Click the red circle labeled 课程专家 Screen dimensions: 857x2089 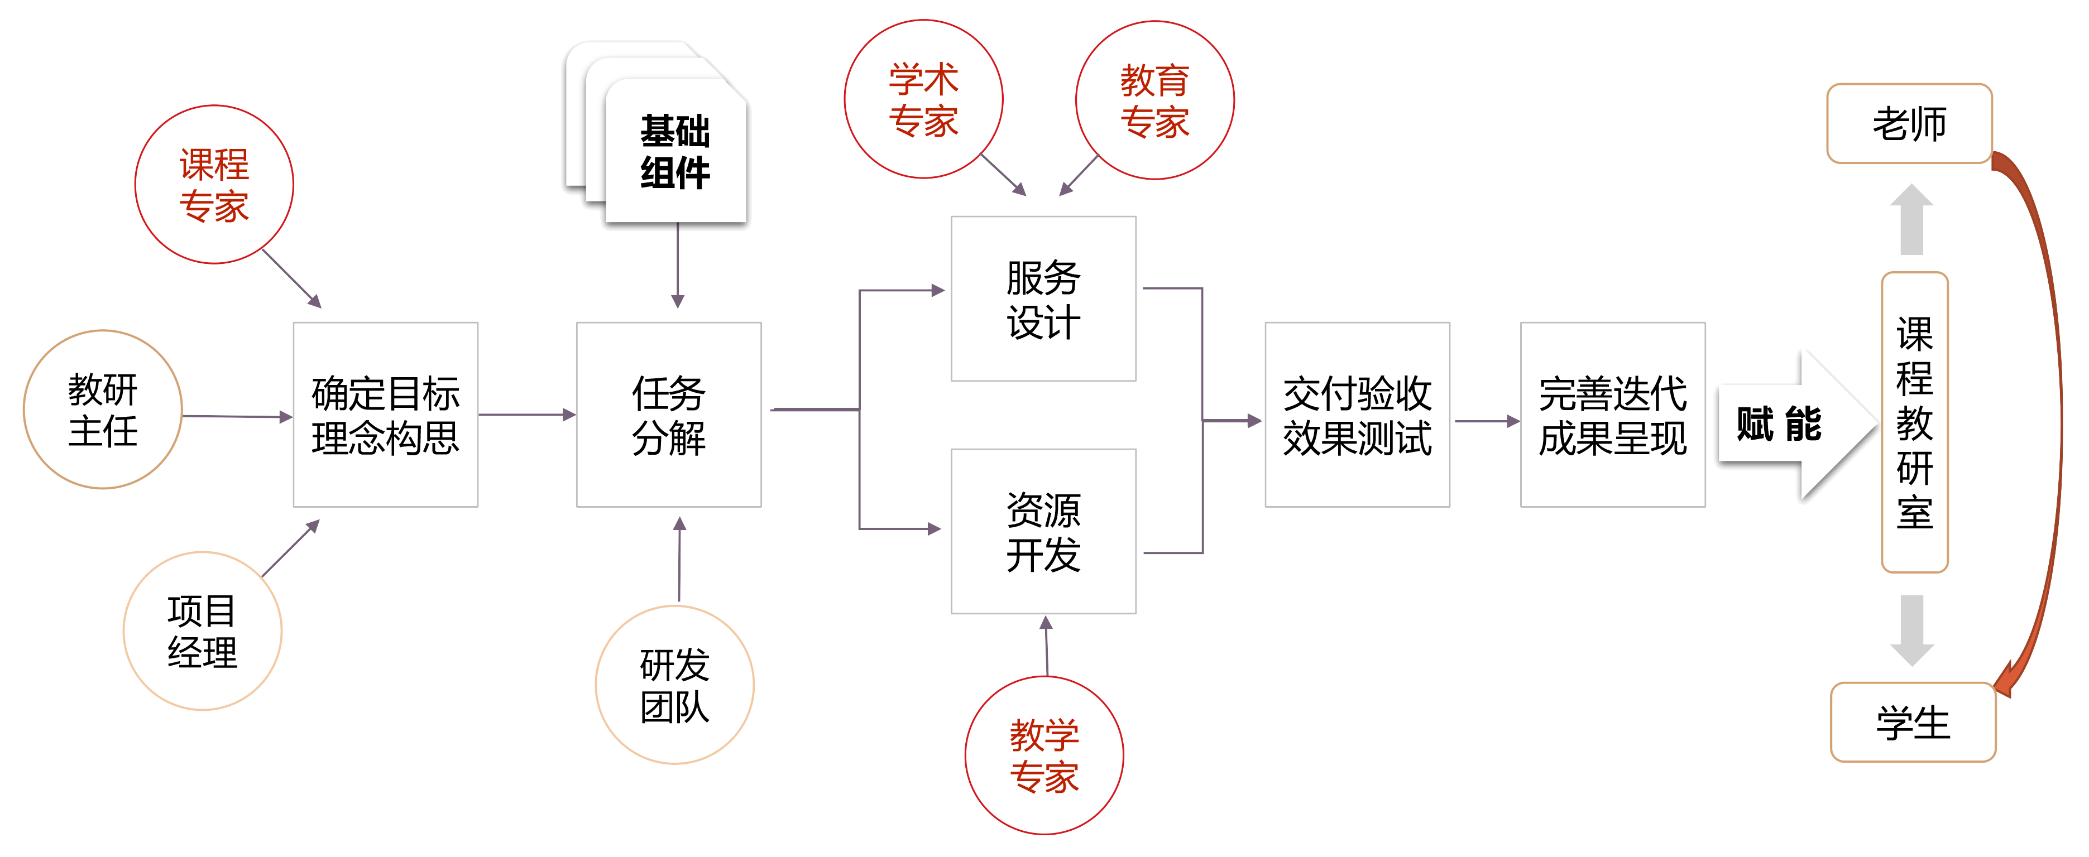coord(214,185)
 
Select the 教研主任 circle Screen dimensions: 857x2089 coord(103,410)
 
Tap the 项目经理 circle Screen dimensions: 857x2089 coord(202,631)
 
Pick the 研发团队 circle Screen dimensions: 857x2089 coord(675,685)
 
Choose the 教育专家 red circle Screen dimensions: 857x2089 coord(1155,100)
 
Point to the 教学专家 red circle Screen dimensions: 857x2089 coord(1044,755)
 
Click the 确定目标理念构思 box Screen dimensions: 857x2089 coord(385,415)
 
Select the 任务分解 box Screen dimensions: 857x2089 coord(669,415)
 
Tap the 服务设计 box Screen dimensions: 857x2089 coord(1044,298)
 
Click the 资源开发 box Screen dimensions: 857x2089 coord(1044,532)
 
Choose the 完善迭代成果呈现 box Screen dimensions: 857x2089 coord(1613,415)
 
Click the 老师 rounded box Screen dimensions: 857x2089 coord(1910,124)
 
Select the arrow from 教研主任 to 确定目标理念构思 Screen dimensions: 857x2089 coord(237,417)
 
